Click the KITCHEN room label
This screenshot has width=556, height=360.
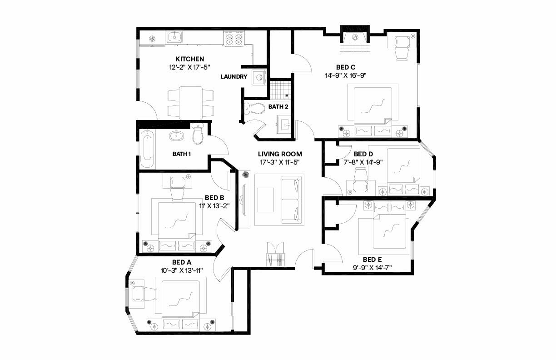[189, 59]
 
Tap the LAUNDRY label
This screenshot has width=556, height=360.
[234, 77]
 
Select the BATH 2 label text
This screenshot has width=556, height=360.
[278, 107]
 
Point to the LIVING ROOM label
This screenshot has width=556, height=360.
[280, 154]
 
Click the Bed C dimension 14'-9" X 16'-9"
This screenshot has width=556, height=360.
[345, 75]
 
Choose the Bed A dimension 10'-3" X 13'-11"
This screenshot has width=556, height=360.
[182, 270]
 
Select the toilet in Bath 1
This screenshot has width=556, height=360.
[198, 134]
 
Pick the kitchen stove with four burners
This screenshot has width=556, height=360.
[234, 39]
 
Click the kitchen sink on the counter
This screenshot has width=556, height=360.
[174, 37]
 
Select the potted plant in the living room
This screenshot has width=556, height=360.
[246, 175]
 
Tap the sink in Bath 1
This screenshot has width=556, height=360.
[176, 135]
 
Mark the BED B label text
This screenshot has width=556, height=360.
[214, 198]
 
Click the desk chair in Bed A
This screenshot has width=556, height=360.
[149, 294]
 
